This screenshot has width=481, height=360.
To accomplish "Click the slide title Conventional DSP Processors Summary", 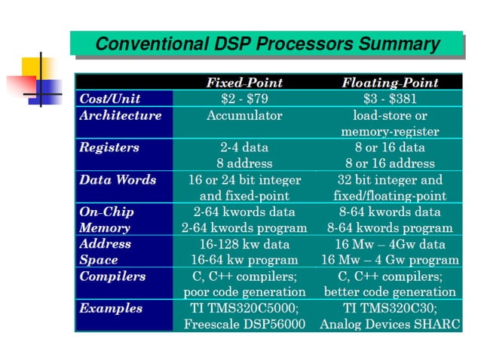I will (x=267, y=44).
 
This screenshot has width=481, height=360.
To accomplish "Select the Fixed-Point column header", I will (x=244, y=82).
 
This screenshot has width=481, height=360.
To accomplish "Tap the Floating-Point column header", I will (x=390, y=82).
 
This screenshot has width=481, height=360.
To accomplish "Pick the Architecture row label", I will (x=121, y=115).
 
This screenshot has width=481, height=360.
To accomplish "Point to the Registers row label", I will (x=109, y=148).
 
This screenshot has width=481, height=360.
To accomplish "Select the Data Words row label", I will (x=118, y=179).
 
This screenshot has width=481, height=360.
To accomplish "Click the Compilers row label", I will (x=112, y=276).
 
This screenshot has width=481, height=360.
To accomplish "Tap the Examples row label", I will (x=111, y=308).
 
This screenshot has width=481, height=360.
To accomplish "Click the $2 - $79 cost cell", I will (x=244, y=99).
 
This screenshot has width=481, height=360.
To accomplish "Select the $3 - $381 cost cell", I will (x=390, y=99).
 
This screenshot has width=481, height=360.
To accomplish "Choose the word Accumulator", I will (x=244, y=115).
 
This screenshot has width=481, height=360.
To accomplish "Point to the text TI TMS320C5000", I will (x=244, y=308).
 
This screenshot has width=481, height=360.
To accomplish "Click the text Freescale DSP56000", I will (x=244, y=325).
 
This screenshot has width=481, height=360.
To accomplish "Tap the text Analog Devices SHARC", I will (x=390, y=325).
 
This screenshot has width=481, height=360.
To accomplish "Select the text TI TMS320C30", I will (x=390, y=308).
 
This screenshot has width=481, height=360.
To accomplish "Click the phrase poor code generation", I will (x=244, y=291).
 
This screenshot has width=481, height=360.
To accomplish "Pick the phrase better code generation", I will (x=390, y=291).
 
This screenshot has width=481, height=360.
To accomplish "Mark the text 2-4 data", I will (x=244, y=148).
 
